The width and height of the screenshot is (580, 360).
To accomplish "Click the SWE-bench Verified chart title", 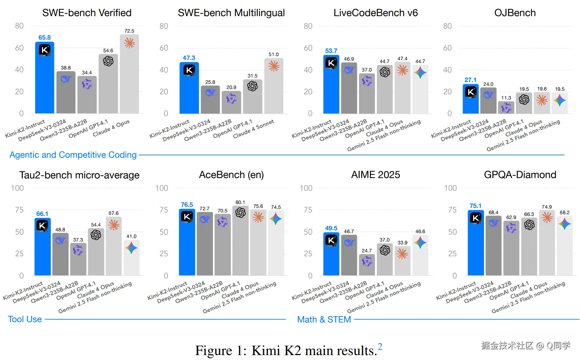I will point(87,13).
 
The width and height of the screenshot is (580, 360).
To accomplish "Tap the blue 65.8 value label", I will point(44,38).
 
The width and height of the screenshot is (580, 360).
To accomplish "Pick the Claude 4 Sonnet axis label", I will point(254,129).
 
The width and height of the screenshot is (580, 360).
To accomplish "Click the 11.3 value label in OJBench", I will point(506,98).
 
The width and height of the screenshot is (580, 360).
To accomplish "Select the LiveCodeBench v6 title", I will point(375,13).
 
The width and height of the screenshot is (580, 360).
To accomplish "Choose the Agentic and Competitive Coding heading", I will point(73,155).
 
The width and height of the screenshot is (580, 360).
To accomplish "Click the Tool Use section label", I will point(25,319).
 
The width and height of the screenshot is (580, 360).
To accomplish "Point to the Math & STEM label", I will point(324,320).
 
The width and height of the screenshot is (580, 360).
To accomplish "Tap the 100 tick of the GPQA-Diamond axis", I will point(450,188).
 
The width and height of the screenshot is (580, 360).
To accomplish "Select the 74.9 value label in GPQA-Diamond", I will point(546,207).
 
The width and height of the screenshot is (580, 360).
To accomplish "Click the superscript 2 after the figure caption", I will point(380,347).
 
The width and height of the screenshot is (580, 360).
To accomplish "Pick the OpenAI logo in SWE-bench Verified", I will point(108,61).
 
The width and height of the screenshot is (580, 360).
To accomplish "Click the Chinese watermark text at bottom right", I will point(525,346).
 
